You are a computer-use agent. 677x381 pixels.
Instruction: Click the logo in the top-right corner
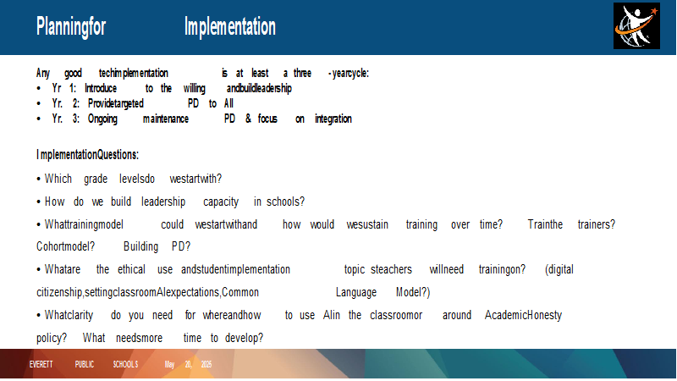636,26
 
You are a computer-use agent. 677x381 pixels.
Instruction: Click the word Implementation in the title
229,27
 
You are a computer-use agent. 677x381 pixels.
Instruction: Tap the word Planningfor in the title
71,27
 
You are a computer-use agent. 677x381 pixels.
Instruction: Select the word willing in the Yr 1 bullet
195,89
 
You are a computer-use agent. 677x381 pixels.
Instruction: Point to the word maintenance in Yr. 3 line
166,119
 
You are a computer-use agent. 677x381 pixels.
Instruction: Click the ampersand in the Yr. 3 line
248,119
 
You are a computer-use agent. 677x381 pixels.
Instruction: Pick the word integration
333,119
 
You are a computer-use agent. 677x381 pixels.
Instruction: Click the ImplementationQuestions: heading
88,155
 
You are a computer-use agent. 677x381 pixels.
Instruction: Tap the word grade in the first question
96,179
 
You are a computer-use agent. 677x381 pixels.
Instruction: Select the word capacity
221,202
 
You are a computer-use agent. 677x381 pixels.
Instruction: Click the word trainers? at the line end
597,224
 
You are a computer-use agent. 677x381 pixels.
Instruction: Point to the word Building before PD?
140,246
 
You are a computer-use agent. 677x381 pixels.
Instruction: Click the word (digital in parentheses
559,270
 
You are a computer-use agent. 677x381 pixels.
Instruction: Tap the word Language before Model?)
356,293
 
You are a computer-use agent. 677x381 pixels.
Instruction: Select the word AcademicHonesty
523,315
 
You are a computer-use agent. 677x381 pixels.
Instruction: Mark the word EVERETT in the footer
41,365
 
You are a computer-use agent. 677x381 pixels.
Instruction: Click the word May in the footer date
169,365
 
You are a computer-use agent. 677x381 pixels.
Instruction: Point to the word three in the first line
302,74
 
